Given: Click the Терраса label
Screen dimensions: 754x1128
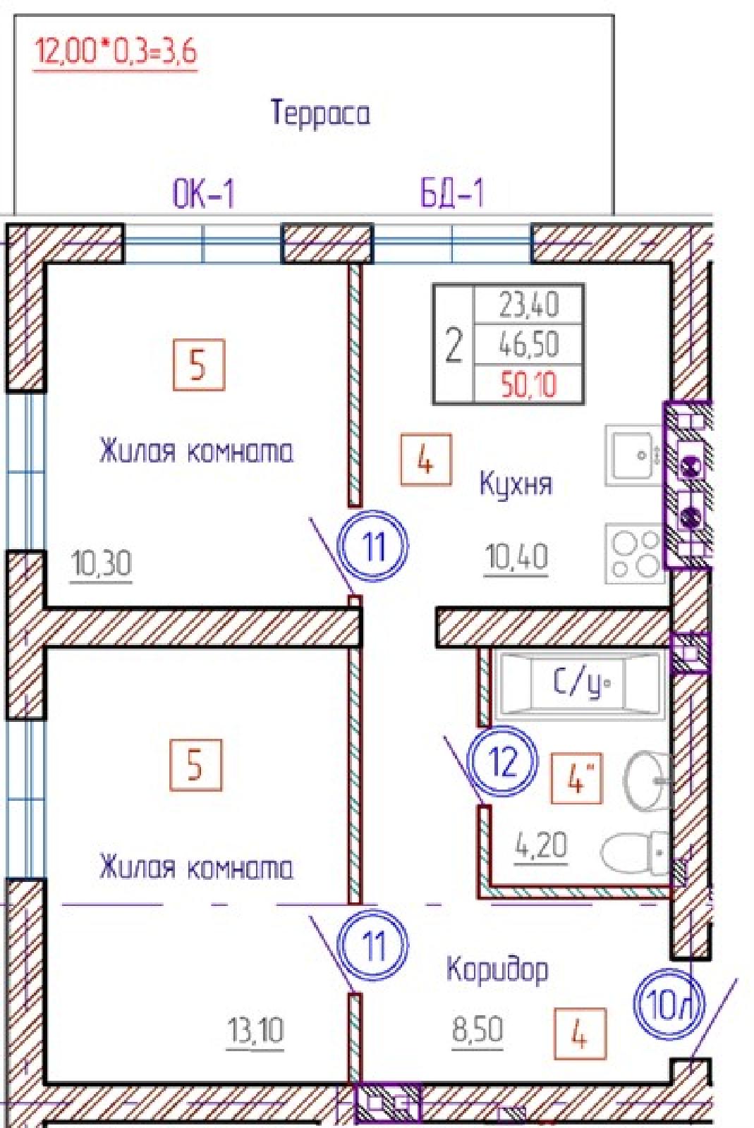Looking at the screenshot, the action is click(320, 113).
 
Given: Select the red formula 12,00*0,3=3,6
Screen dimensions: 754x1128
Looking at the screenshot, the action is click(115, 52).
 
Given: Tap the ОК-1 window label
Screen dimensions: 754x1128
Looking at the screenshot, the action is click(204, 194).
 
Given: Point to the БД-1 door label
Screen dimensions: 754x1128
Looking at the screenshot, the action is click(452, 194).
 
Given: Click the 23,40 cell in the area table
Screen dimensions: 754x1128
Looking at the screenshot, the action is click(529, 305).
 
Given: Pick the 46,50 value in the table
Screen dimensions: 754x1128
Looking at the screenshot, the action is click(529, 345).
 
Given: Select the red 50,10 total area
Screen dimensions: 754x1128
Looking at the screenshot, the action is click(529, 385).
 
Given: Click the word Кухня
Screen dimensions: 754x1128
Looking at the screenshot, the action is click(516, 484).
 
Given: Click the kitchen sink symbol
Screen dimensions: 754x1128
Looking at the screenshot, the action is click(634, 455).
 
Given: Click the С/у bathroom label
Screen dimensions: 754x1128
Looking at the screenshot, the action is click(582, 683).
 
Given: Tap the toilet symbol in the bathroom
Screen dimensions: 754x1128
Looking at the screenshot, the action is click(636, 852).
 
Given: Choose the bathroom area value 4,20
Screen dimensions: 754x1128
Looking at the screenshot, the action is click(541, 845).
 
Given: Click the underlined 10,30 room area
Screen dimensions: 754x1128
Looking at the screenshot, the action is click(102, 563).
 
